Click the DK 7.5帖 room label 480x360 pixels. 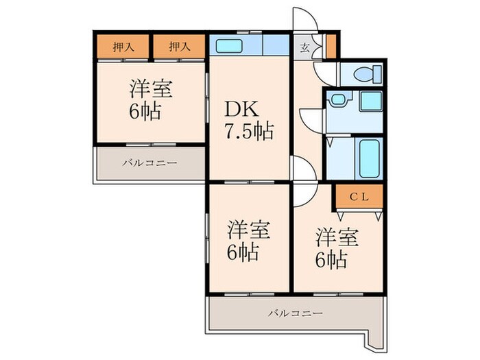tap(248, 121)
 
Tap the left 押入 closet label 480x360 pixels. tap(123, 47)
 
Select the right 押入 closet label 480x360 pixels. tap(178, 47)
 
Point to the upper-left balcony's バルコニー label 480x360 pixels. tap(150, 163)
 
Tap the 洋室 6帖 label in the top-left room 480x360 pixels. tap(151, 99)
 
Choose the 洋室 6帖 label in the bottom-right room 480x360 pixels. tap(336, 248)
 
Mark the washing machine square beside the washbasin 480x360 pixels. tap(371, 101)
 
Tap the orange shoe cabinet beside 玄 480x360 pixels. tap(331, 46)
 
